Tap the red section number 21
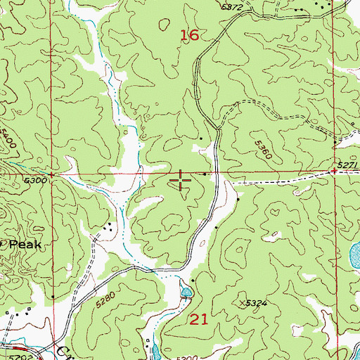click(200, 320)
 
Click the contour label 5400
click(8, 137)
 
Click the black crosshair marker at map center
click(181, 180)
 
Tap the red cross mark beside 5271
click(332, 171)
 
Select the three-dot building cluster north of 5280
click(109, 228)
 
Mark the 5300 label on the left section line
click(34, 181)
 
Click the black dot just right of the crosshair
click(205, 174)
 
